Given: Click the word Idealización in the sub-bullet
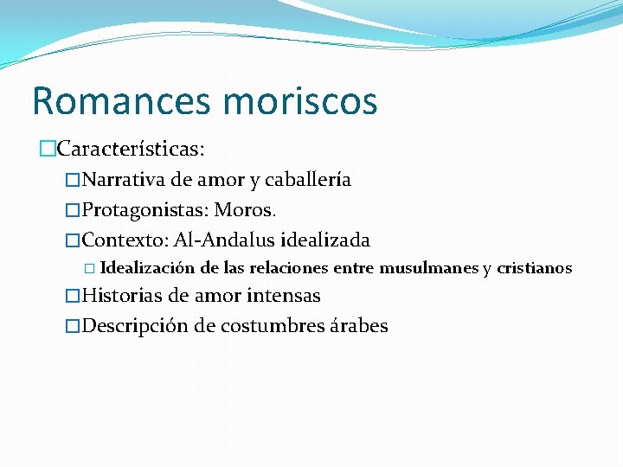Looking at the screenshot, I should tap(153, 268).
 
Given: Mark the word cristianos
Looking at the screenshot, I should tap(534, 268).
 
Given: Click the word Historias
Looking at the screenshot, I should tap(124, 296).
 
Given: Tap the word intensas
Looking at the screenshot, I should tap(283, 296).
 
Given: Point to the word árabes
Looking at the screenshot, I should tap(357, 326).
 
